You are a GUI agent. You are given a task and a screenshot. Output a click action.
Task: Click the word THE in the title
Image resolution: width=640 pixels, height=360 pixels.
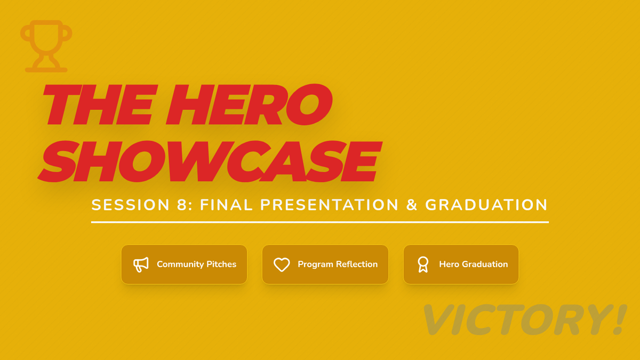[x=99, y=105]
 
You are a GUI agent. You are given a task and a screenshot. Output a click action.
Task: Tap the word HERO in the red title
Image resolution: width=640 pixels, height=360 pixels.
[x=249, y=105]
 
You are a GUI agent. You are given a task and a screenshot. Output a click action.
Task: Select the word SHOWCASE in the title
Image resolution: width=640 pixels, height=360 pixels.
[x=210, y=162]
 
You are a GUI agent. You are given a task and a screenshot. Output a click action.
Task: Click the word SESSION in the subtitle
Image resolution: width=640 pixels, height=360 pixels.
[x=131, y=205]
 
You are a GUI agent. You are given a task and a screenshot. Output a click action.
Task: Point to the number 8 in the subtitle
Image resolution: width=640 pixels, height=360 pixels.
[x=182, y=205]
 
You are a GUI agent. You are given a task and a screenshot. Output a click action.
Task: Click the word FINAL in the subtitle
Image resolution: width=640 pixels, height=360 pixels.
[x=226, y=205]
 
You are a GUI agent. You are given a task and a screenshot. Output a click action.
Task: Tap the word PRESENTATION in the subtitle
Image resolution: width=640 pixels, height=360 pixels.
[x=329, y=205]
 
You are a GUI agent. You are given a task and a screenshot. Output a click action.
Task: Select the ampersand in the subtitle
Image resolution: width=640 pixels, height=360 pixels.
[x=412, y=205]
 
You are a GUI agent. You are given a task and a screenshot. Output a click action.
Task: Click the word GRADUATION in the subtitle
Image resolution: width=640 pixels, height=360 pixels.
[x=486, y=205]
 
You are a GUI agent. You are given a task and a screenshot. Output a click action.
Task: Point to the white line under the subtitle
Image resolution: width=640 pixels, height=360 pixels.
[x=320, y=222]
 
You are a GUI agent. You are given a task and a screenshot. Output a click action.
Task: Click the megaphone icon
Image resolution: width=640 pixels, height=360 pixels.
[x=141, y=265]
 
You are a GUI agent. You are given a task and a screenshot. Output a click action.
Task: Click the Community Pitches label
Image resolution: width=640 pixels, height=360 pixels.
[x=197, y=265]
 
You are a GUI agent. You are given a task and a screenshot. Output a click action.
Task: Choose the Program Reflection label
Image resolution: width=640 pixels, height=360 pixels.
[x=338, y=265]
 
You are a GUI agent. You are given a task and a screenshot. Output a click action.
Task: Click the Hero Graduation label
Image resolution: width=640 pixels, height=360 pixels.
[x=474, y=265]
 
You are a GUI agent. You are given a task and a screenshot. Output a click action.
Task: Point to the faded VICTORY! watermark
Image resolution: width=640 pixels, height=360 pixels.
[x=525, y=319]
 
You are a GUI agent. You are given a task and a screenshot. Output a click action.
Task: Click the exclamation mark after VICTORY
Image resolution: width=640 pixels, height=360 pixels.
[x=620, y=319]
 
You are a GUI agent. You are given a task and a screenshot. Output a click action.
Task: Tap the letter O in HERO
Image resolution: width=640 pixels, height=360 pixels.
[x=309, y=105]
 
